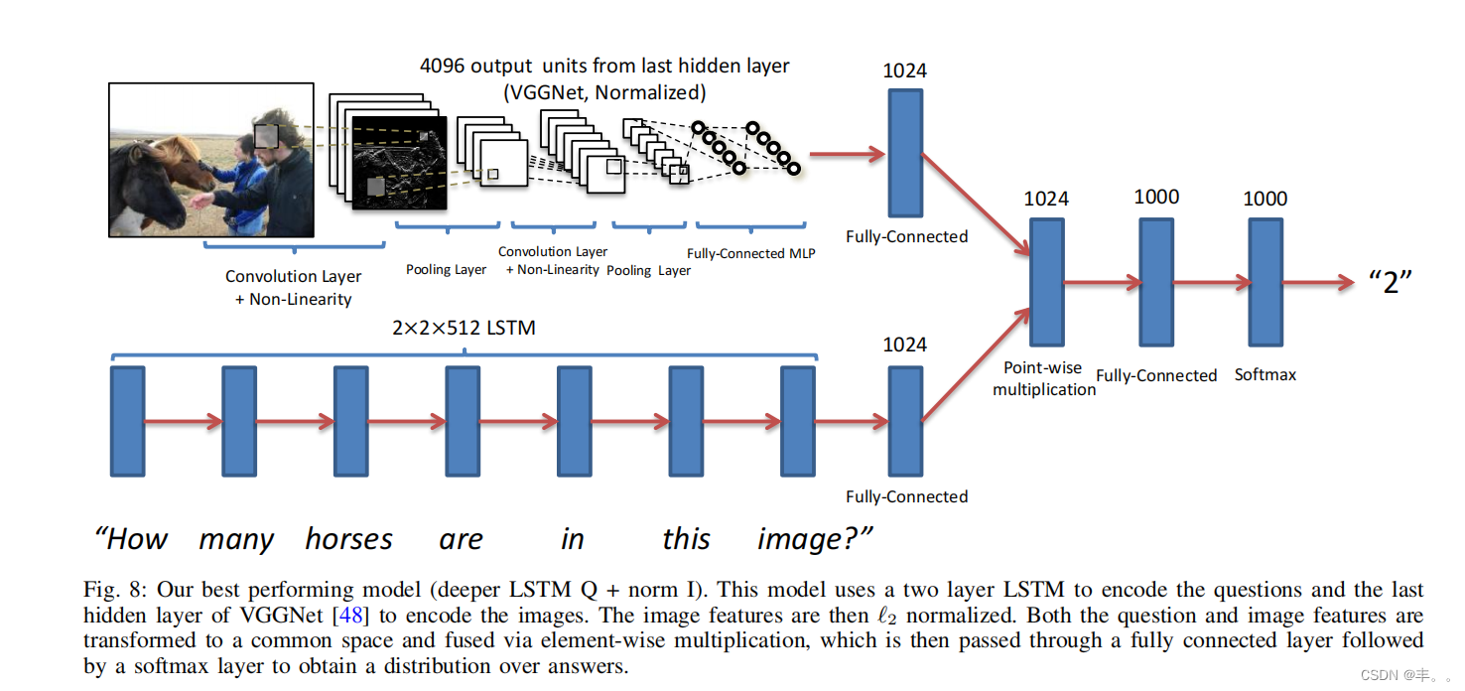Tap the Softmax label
point(1265,374)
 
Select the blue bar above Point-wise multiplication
point(1046,282)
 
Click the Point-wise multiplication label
point(1044,378)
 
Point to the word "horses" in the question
point(348,539)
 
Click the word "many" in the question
point(236,540)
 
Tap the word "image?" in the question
point(814,539)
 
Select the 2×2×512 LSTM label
point(464,328)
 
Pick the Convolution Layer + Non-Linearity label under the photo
point(293,287)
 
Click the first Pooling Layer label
point(446,269)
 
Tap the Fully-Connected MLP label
point(750,253)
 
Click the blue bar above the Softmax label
point(1265,282)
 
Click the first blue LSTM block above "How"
point(127,420)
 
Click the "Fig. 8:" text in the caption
point(116,590)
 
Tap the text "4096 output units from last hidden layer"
point(604,67)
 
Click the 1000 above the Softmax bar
point(1265,199)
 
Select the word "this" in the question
point(686,539)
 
